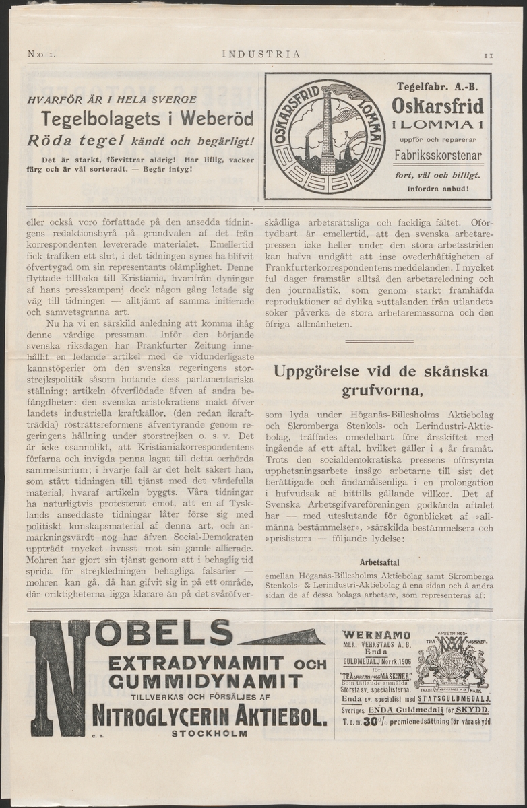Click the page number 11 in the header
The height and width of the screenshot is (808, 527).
tap(489, 55)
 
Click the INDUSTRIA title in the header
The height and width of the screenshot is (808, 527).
tap(261, 55)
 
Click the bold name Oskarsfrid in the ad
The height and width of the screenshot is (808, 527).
tap(438, 106)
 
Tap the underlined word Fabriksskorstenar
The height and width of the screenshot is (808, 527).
tap(438, 156)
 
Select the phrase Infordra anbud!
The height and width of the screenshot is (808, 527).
tap(438, 189)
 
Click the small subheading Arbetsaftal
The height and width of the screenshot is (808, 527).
tap(379, 562)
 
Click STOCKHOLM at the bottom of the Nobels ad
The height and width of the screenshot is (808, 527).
tap(210, 733)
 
